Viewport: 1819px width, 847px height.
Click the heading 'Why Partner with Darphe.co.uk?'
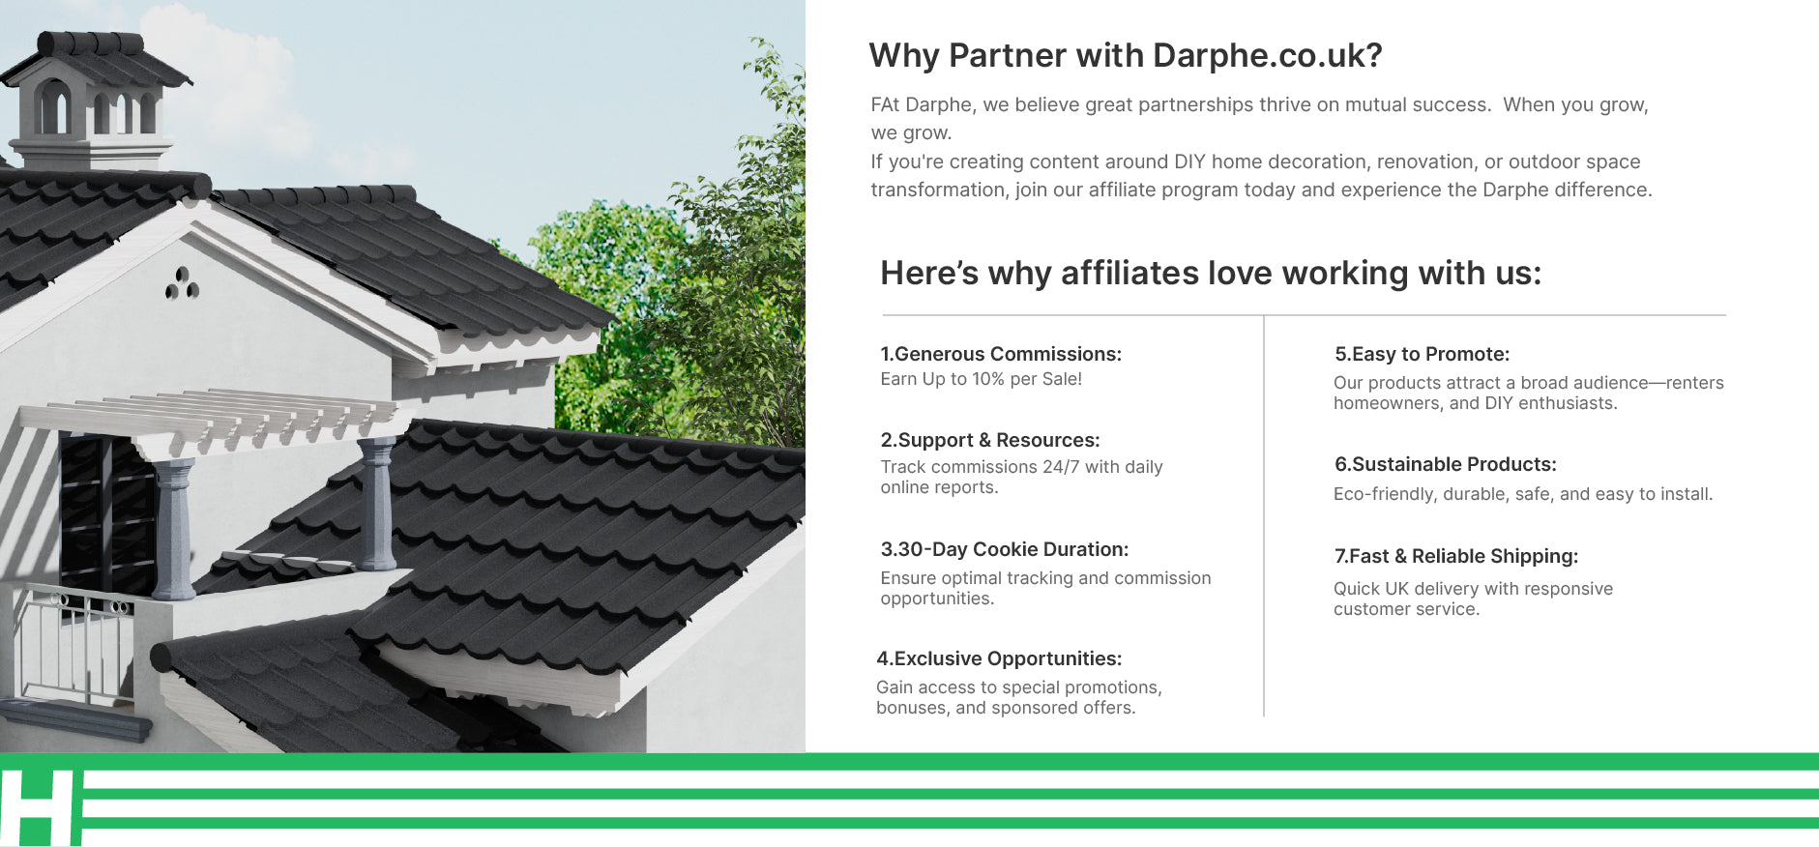pos(1126,56)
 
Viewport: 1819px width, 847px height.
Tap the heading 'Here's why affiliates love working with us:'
pos(1211,273)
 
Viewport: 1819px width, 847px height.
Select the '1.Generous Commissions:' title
pos(1001,354)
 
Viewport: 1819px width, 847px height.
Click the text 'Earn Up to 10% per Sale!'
pos(981,379)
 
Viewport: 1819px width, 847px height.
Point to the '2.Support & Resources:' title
pos(990,440)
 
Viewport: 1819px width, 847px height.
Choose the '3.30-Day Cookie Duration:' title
pos(1005,549)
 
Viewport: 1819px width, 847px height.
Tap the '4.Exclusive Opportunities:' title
pos(999,658)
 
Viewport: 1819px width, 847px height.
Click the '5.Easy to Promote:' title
pos(1422,354)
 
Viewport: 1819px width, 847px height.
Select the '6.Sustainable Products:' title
pos(1446,464)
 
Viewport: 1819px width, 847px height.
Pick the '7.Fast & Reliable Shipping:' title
pos(1456,556)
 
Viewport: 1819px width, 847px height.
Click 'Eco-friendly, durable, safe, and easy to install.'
pos(1523,494)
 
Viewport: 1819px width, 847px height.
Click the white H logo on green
pos(39,808)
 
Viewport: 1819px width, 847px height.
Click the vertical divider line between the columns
pos(1264,515)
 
